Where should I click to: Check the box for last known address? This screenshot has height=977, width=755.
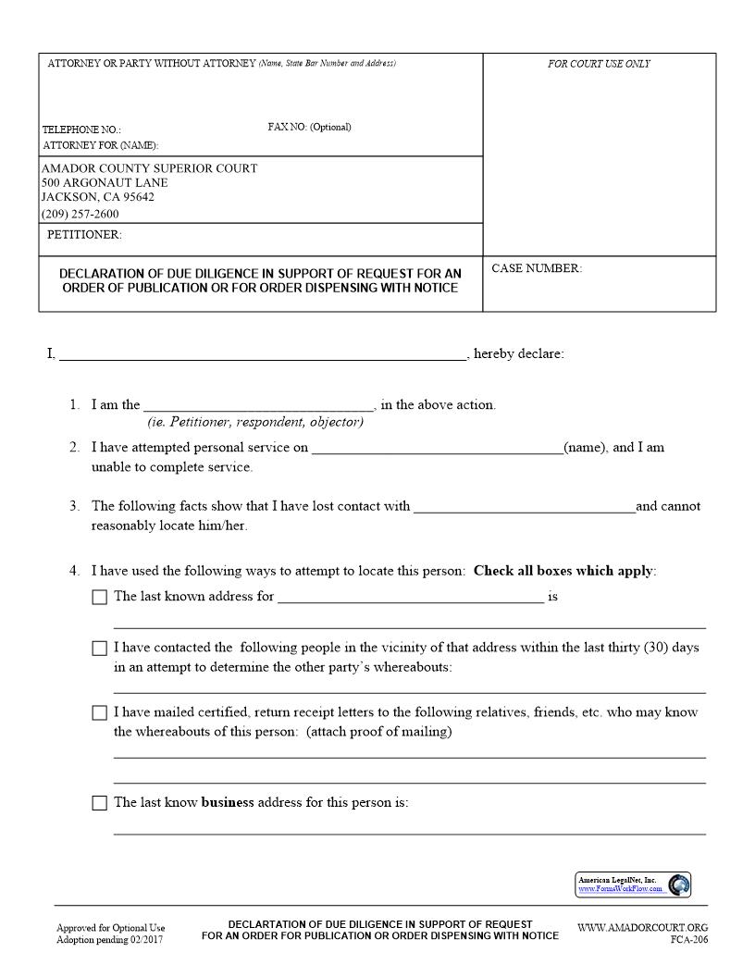[x=100, y=598]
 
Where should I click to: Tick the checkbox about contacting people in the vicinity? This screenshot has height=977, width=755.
[x=100, y=649]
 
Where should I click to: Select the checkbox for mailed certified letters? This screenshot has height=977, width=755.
[x=100, y=713]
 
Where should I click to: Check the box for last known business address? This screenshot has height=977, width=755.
[x=100, y=803]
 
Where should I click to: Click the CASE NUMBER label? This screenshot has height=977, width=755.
[x=537, y=268]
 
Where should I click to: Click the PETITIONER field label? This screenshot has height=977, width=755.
[x=84, y=235]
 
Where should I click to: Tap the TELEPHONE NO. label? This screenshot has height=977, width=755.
[x=81, y=130]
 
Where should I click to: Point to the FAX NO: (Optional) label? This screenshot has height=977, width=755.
[x=309, y=127]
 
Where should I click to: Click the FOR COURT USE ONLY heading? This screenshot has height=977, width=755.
[x=599, y=64]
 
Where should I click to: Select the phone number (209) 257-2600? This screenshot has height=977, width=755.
[x=80, y=214]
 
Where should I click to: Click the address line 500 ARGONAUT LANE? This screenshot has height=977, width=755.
[x=105, y=182]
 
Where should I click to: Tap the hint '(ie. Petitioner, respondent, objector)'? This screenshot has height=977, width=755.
[x=255, y=422]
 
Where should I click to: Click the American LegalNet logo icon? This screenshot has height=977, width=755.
[x=678, y=884]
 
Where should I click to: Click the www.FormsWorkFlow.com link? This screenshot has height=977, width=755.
[x=620, y=889]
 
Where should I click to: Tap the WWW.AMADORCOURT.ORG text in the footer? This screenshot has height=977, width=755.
[x=642, y=927]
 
